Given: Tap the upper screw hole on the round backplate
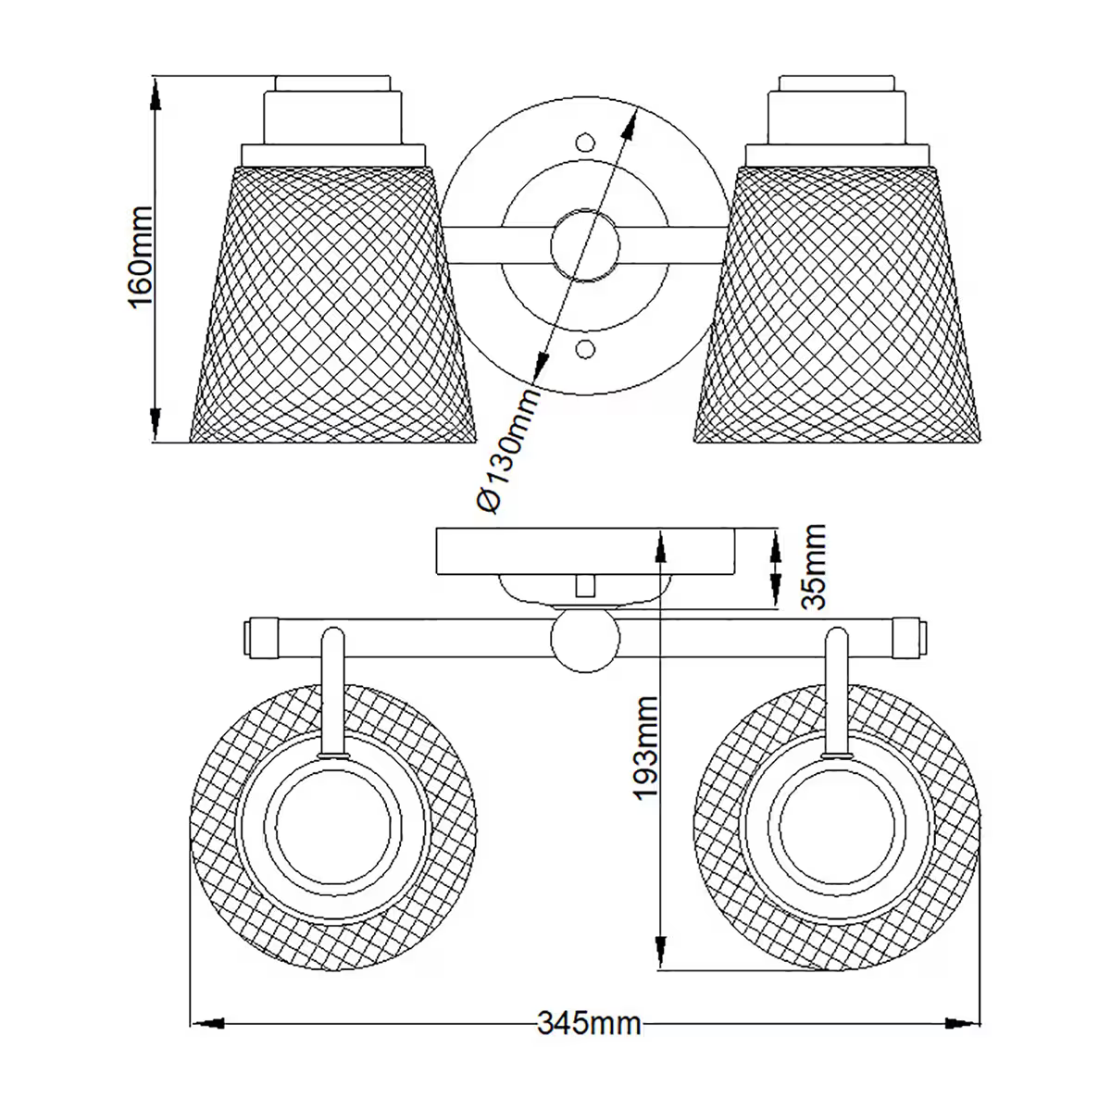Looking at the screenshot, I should tap(584, 144).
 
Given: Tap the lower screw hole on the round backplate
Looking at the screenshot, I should tap(584, 349).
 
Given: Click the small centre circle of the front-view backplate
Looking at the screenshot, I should tap(584, 246).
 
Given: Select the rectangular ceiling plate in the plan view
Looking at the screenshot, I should tap(586, 551).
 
